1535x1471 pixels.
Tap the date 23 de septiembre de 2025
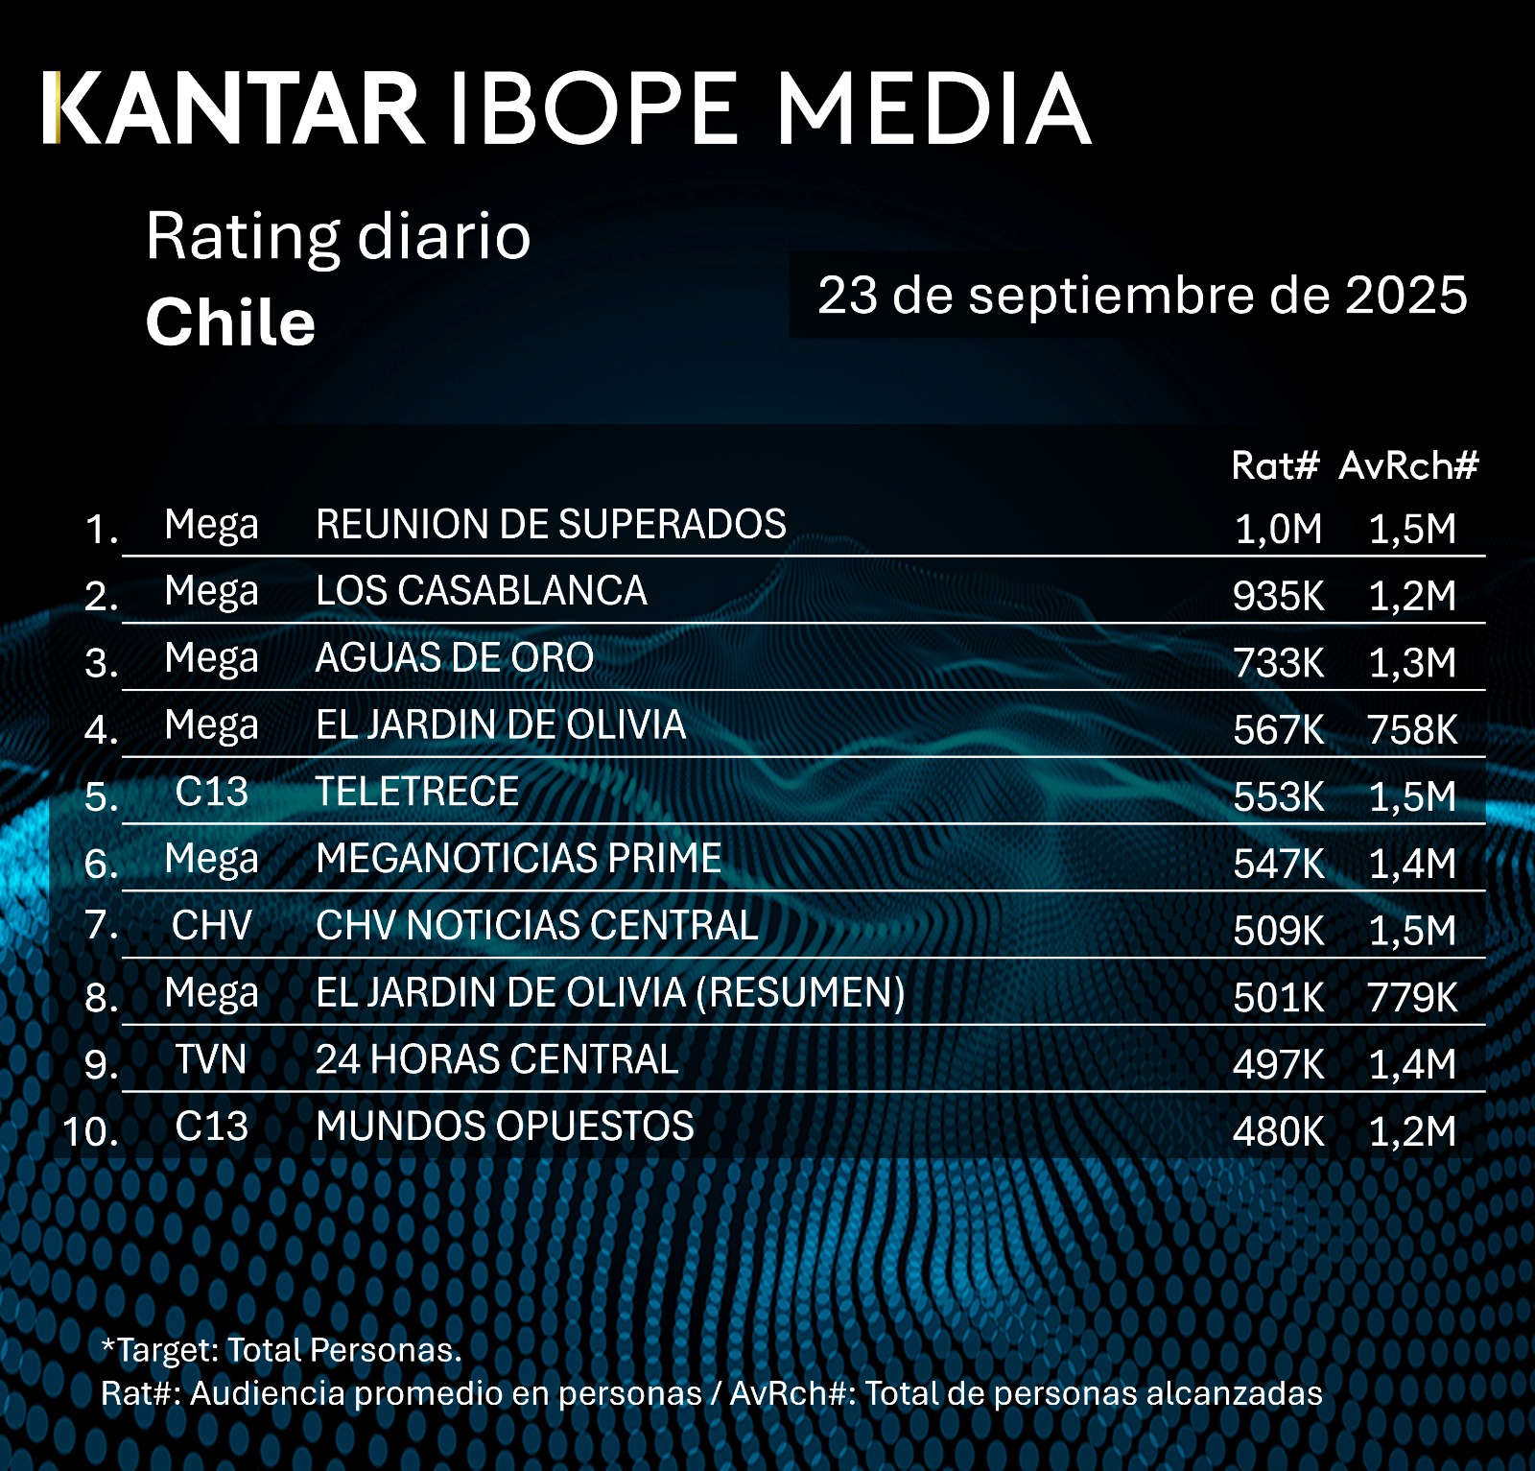tap(1142, 295)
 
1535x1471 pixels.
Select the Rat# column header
tap(1275, 465)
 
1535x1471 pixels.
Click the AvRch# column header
tap(1408, 465)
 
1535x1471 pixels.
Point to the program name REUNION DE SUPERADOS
tap(551, 525)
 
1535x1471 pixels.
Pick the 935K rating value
tap(1278, 596)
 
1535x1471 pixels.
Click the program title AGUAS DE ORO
tap(454, 658)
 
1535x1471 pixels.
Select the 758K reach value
tap(1412, 730)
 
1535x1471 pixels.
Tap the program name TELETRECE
tap(417, 792)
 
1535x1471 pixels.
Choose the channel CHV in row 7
tap(211, 926)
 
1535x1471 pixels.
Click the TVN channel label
tap(211, 1060)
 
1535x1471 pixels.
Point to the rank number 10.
tap(90, 1131)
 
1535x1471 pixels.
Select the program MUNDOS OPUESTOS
tap(505, 1127)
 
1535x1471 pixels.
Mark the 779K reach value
tap(1412, 998)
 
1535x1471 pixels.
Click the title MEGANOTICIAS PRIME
tap(518, 859)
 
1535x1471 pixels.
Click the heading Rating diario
tap(338, 236)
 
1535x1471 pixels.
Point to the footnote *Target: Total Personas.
tap(281, 1350)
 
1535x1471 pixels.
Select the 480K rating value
tap(1278, 1132)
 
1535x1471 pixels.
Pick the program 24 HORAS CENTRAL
tap(497, 1060)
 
